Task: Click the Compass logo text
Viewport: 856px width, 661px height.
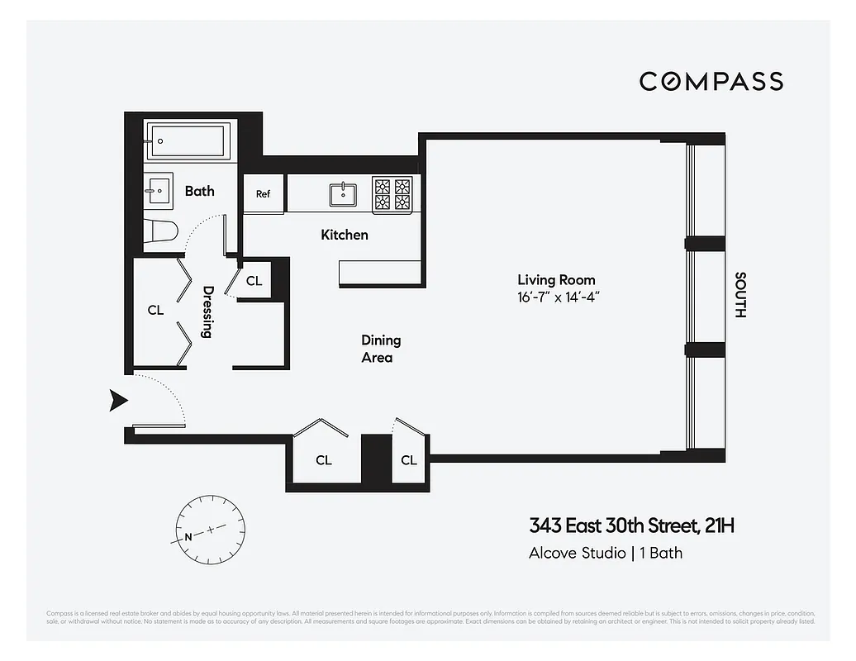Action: (711, 81)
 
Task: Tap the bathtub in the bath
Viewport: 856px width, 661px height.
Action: (188, 141)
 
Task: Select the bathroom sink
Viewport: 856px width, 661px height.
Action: (159, 191)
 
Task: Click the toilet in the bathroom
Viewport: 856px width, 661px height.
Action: (161, 232)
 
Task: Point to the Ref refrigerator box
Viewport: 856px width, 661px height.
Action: (263, 194)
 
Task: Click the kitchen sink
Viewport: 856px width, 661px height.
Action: (343, 194)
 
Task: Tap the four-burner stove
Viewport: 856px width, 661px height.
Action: (392, 194)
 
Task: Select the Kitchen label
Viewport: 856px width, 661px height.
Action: (345, 235)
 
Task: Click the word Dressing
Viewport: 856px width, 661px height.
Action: (207, 311)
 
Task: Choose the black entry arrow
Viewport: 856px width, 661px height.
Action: (119, 402)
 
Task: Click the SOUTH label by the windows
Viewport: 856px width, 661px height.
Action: (740, 295)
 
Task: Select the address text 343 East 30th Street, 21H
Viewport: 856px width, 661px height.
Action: (631, 525)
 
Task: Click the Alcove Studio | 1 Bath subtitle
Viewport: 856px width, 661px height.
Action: (605, 553)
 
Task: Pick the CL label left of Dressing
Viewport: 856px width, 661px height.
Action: (155, 311)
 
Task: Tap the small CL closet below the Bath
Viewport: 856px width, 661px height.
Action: (254, 281)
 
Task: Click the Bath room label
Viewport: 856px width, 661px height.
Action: (199, 191)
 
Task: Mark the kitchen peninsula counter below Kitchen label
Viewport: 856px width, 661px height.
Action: (380, 273)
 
